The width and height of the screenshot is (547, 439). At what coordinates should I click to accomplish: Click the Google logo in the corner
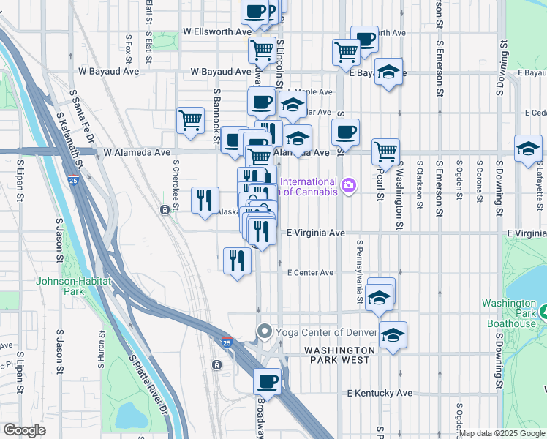click(24, 430)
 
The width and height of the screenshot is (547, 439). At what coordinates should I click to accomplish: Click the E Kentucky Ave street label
click(380, 394)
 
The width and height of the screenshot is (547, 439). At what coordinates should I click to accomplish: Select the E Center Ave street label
click(310, 273)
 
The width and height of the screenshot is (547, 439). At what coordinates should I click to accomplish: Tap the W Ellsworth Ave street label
click(216, 32)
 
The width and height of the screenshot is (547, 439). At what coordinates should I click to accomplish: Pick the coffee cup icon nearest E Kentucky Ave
click(267, 380)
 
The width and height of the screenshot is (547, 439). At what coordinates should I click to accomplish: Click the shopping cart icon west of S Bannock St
click(190, 120)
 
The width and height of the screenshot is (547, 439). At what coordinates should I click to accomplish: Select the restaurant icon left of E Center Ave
click(236, 260)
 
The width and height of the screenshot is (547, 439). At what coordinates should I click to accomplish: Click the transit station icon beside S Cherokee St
click(165, 210)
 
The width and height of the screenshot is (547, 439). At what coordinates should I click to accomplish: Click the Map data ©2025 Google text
click(502, 433)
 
